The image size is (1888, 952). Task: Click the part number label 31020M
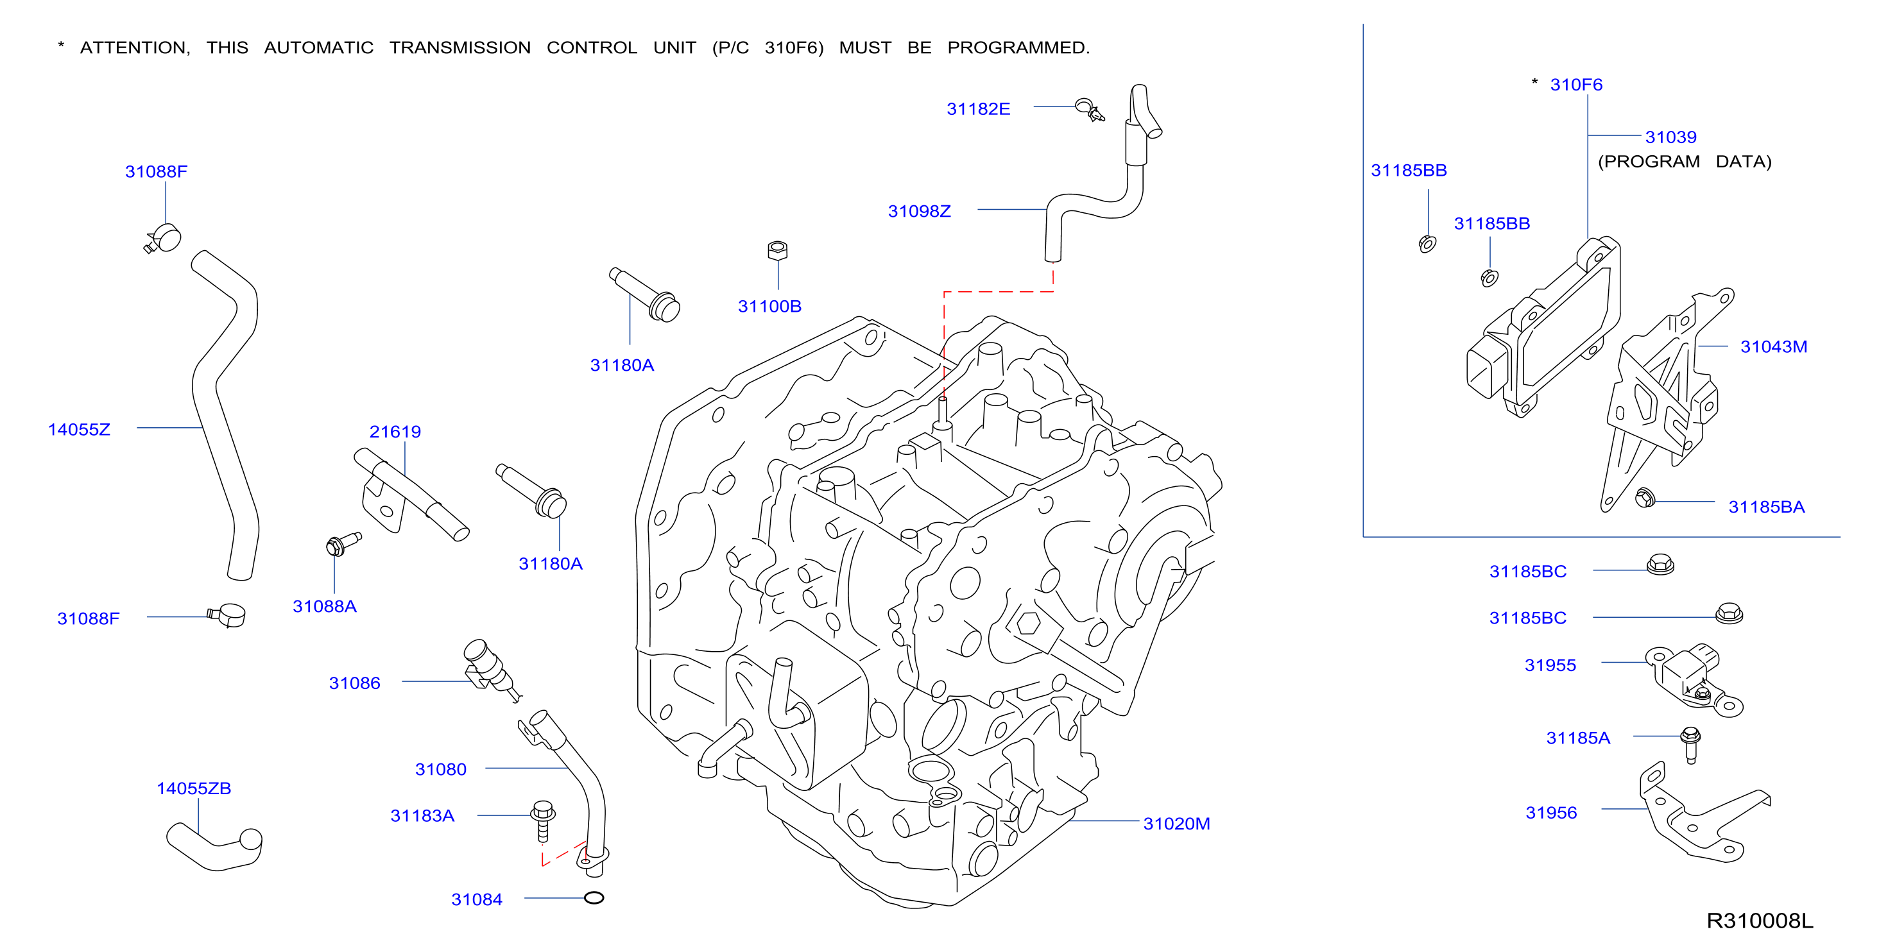1176,824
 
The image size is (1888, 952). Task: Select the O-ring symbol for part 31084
594,897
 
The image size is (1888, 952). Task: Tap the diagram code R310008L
1760,921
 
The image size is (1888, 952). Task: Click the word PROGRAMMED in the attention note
1018,47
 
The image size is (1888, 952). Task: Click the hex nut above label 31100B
778,251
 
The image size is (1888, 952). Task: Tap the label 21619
395,432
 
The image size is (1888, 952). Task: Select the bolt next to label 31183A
543,822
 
